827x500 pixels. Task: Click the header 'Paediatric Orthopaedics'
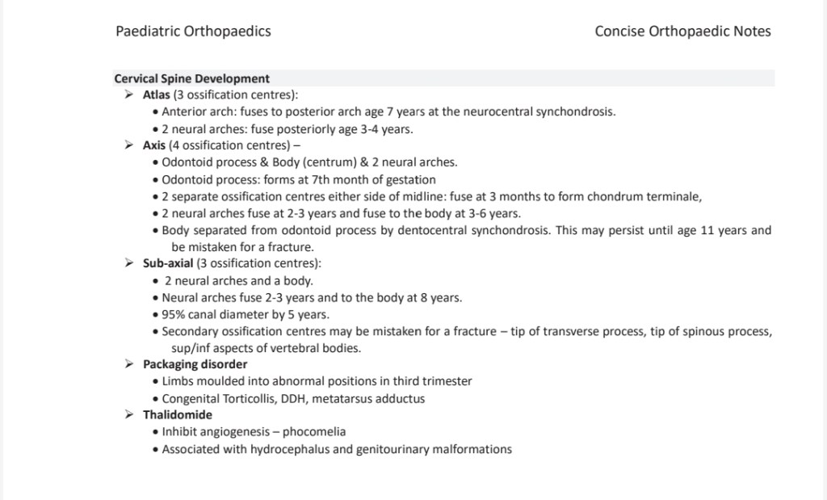193,32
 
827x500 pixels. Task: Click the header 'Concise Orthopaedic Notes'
682,32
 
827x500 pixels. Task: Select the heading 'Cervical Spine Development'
192,78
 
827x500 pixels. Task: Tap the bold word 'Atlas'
157,95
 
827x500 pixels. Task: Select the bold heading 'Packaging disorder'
195,364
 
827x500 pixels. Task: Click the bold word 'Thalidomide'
178,414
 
